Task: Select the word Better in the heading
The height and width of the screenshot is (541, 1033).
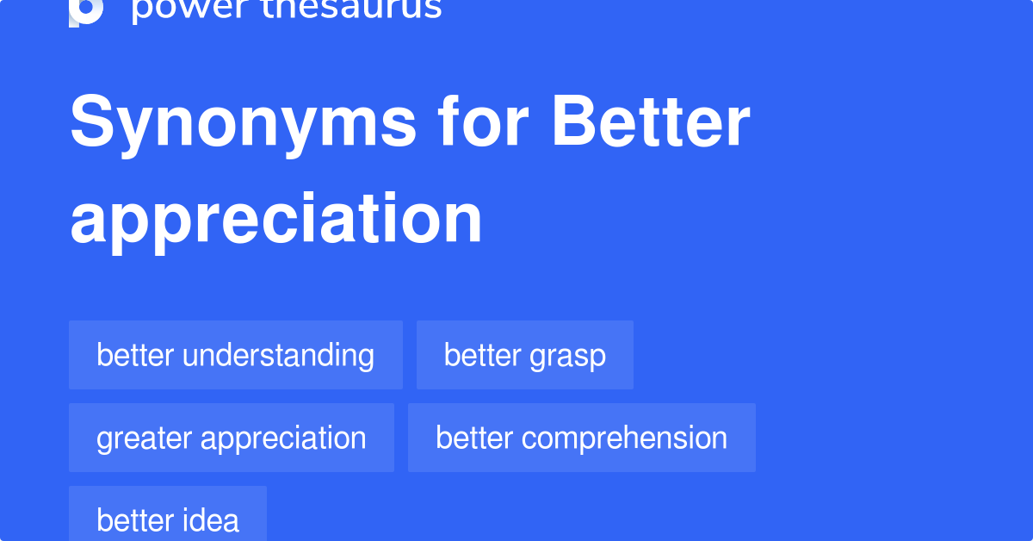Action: pos(651,123)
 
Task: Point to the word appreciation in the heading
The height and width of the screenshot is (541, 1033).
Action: pos(276,220)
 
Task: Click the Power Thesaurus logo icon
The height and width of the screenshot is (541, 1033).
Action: pos(86,10)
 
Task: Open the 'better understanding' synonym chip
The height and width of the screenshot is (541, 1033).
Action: pos(235,355)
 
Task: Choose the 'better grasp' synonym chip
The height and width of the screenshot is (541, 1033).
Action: pos(524,355)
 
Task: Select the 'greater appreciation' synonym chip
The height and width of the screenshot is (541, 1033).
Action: pos(231,438)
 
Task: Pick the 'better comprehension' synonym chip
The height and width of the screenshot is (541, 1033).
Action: pos(581,438)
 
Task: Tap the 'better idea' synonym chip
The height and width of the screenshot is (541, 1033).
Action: pos(168,519)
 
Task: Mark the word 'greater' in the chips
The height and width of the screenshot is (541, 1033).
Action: pos(144,438)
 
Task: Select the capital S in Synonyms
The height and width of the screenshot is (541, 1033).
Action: pos(90,123)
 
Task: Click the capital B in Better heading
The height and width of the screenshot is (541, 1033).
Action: pos(572,123)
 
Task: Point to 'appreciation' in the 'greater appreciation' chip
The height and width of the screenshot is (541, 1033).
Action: pos(283,438)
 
